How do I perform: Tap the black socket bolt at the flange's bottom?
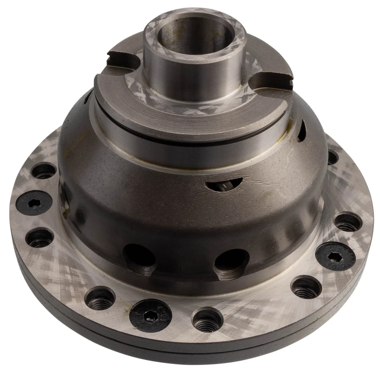coord(150,315)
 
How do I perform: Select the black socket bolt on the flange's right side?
coord(335,256)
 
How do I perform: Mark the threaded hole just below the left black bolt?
coord(40,237)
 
